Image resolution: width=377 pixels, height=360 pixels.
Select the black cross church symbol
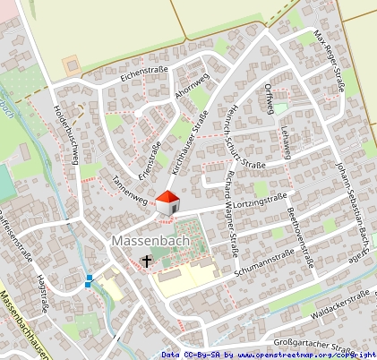147,261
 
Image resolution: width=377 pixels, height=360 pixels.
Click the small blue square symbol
89,282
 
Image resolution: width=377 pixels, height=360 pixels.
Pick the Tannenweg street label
129,188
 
